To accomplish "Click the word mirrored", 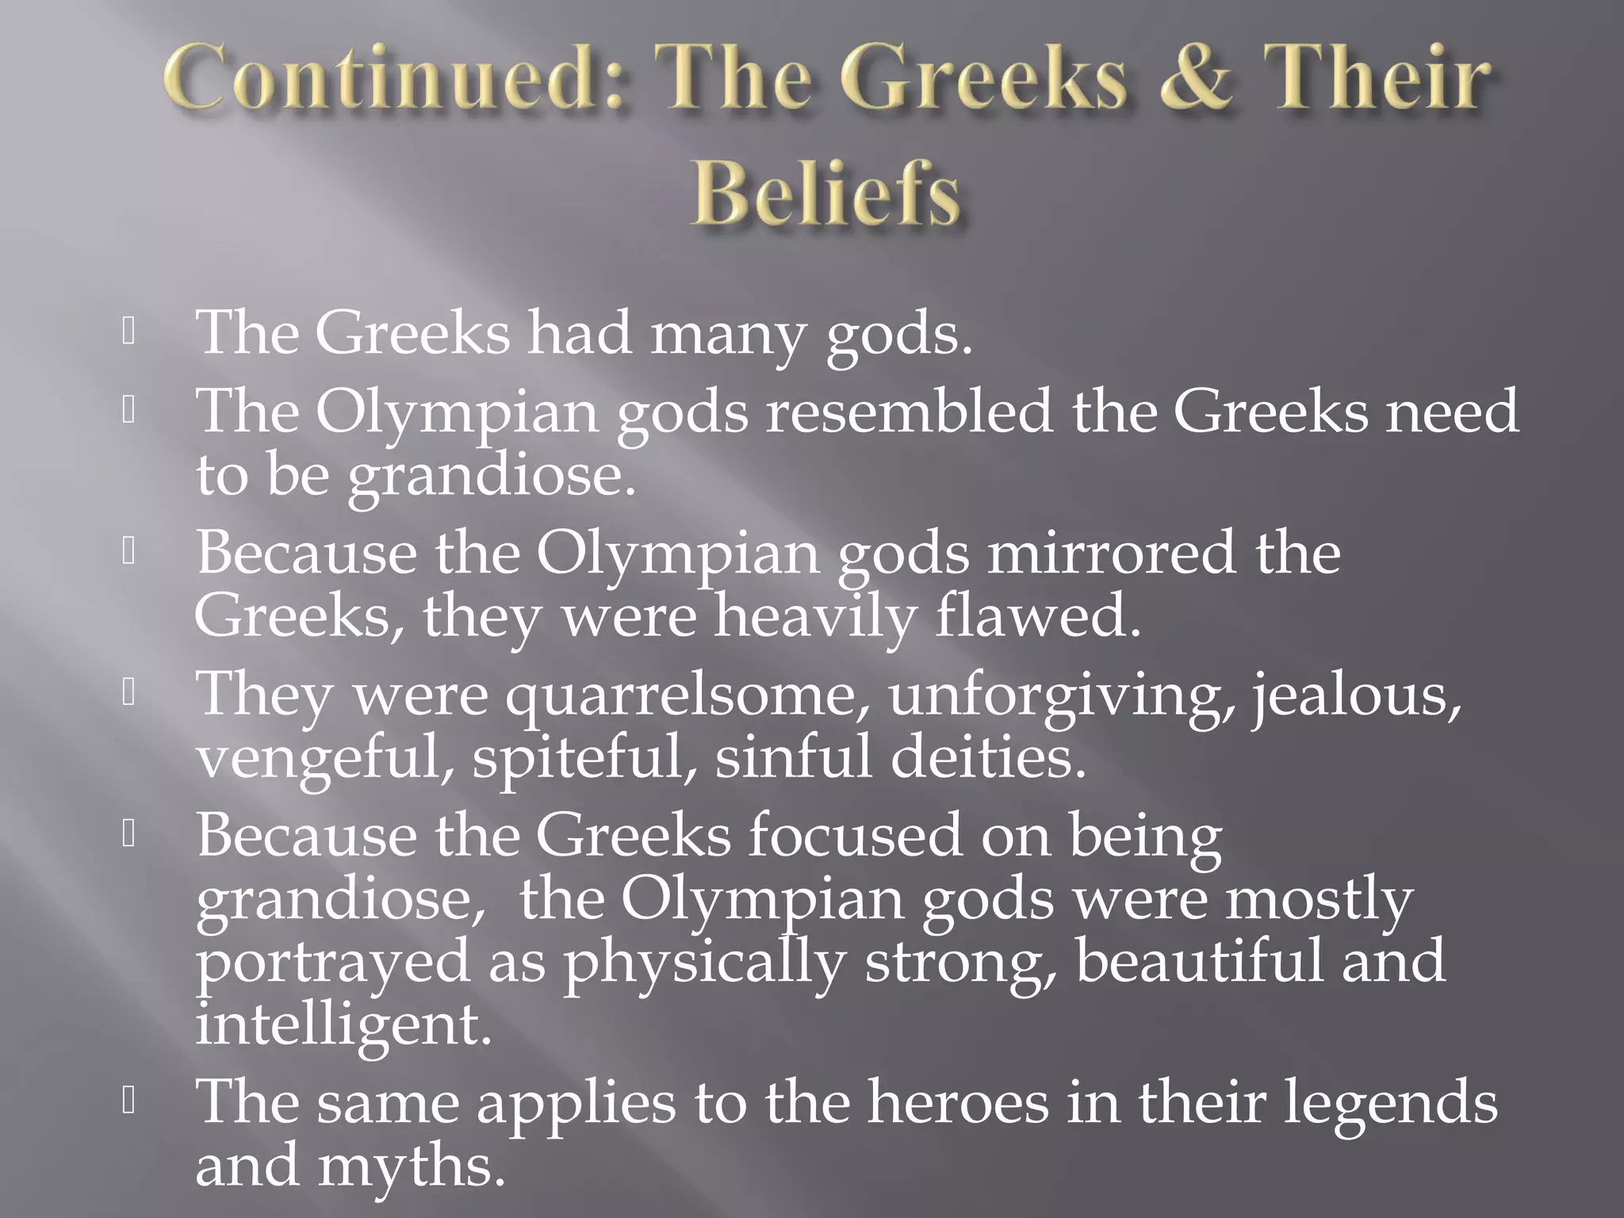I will (x=1110, y=553).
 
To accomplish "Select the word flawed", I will (x=1038, y=617).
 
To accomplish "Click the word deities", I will (x=987, y=757).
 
